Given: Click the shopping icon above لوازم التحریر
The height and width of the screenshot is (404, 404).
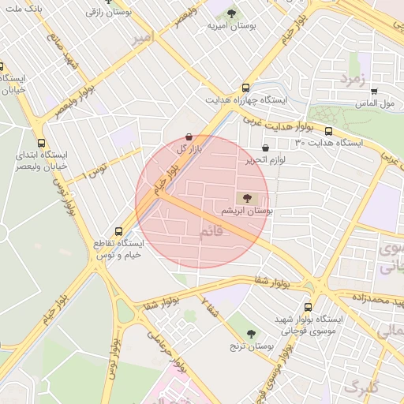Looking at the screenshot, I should point(264,147).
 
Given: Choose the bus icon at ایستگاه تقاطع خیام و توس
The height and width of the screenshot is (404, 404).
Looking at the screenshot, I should point(118,232).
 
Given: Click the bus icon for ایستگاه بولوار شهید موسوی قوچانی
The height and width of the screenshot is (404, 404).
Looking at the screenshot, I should point(307,307).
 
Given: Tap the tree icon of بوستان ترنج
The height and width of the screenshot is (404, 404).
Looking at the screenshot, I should point(251,334).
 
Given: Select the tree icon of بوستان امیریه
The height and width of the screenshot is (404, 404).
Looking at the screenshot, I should point(231,13).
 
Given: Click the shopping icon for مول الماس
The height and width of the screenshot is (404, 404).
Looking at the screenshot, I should point(373,92).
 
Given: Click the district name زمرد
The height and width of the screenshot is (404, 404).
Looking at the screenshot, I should point(354,79).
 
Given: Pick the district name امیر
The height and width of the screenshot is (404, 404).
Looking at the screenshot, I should point(142,38).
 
